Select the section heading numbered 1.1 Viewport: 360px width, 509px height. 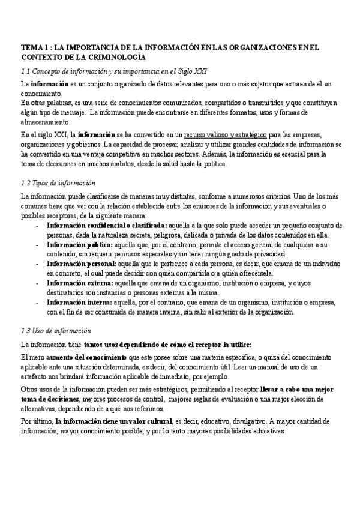(114, 70)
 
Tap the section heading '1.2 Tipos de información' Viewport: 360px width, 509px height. (58, 182)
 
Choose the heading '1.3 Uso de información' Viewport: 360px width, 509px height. (56, 330)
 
